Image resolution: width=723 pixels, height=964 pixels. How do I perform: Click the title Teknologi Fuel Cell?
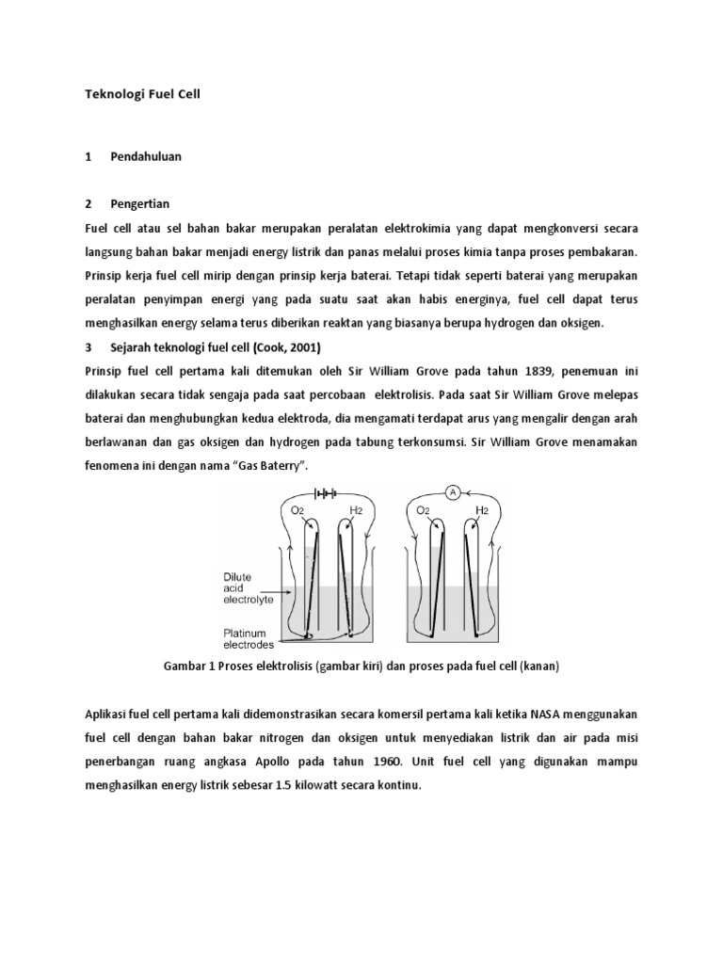point(143,94)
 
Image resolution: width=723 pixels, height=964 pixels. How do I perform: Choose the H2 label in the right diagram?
point(482,510)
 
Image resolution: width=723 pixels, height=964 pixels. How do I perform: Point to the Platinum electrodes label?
point(249,638)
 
